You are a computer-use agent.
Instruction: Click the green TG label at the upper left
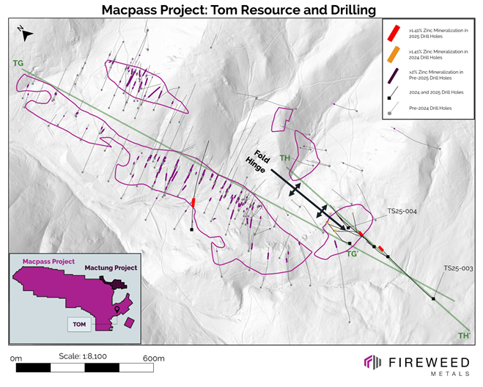[x=18, y=64]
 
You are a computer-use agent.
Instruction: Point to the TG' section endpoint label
[x=353, y=254]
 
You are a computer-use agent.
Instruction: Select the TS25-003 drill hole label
[x=457, y=268]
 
